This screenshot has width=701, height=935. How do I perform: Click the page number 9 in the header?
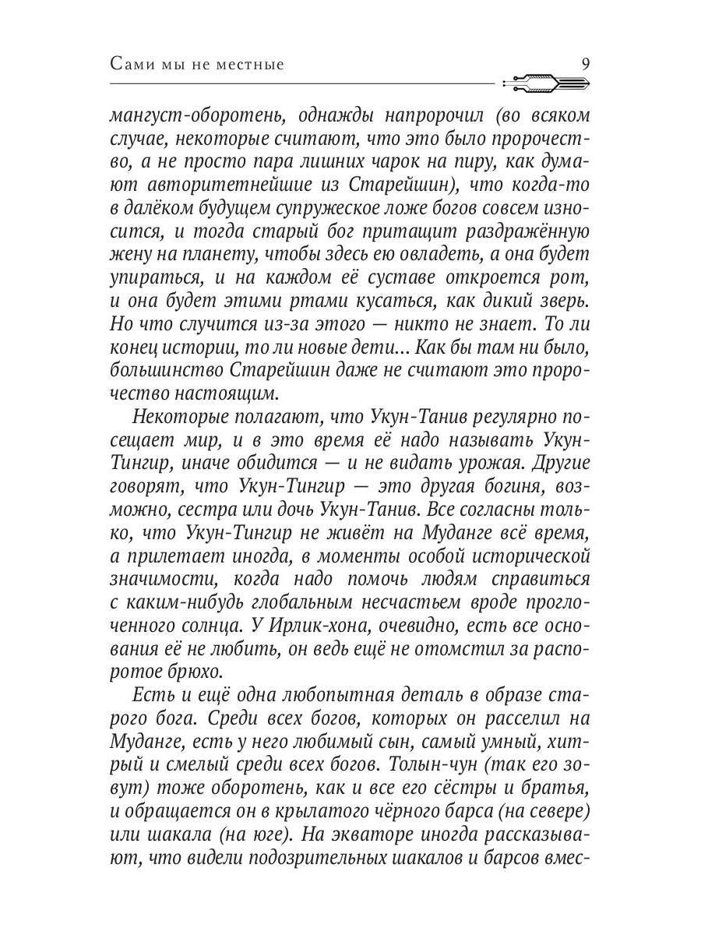pyautogui.click(x=586, y=64)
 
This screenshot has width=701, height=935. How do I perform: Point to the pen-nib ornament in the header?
pyautogui.click(x=545, y=82)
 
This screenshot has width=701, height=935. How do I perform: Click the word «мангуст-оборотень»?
pyautogui.click(x=192, y=116)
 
